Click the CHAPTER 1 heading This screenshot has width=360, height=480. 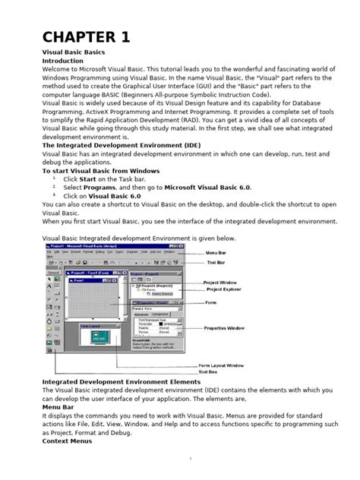click(x=86, y=36)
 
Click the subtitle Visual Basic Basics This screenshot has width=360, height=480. click(x=73, y=52)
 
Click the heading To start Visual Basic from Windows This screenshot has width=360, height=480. click(x=100, y=172)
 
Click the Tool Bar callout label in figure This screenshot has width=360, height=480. click(x=217, y=263)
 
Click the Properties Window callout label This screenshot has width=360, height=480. click(x=225, y=328)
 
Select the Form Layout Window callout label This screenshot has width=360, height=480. click(x=221, y=365)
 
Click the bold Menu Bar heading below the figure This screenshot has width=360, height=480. click(x=58, y=408)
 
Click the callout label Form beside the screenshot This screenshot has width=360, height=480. click(x=210, y=302)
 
